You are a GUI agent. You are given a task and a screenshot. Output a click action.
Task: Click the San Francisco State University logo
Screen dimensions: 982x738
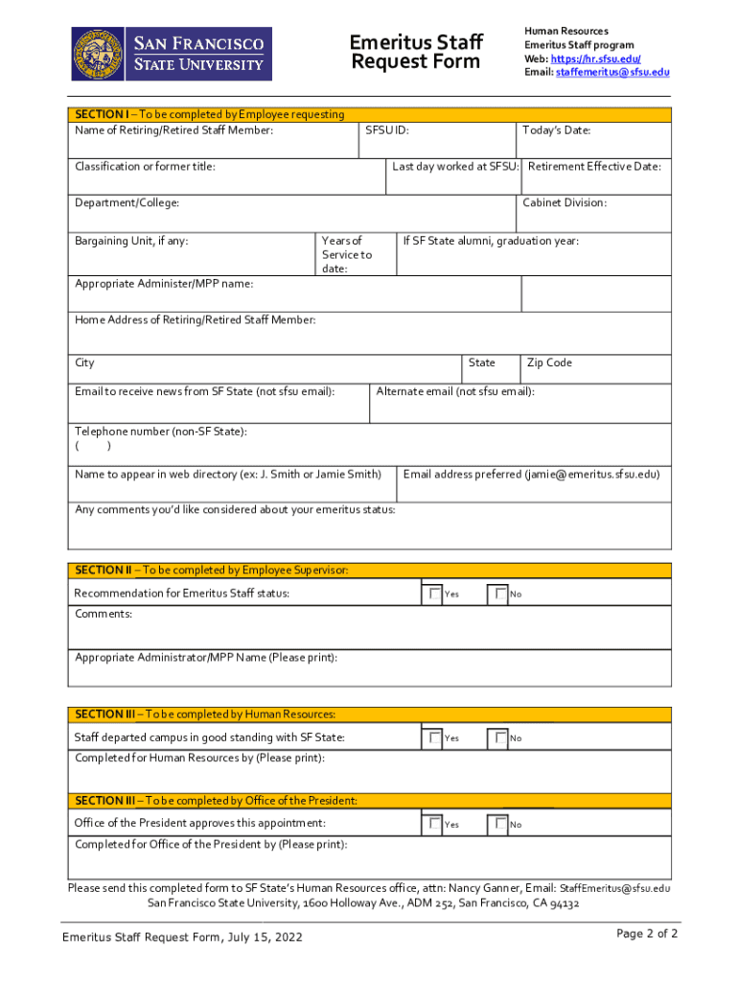[x=172, y=54]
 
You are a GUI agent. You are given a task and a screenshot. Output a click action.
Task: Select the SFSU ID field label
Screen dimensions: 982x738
[x=387, y=130]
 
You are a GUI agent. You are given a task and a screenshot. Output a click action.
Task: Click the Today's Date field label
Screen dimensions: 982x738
[x=556, y=130]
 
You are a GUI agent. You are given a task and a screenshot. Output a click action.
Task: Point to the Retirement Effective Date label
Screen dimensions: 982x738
[x=594, y=167]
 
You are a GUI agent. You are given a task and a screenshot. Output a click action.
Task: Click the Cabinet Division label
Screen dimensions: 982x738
[x=565, y=202]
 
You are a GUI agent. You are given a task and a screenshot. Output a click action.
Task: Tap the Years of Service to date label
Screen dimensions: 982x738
[x=346, y=255]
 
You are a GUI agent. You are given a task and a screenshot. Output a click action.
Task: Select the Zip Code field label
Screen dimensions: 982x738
[x=549, y=362]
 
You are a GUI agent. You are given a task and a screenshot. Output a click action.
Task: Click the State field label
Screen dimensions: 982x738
[x=481, y=362]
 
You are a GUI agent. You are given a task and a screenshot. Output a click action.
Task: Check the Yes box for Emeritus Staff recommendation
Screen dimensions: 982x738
[x=436, y=594]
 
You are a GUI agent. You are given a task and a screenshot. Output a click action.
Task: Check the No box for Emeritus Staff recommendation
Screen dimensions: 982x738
[x=500, y=594]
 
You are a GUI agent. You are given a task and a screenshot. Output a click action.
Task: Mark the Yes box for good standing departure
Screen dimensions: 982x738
[x=436, y=737]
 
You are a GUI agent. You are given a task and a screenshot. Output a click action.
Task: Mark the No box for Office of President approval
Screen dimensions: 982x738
[x=500, y=824]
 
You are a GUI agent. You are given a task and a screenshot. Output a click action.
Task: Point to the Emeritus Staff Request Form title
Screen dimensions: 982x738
[x=415, y=53]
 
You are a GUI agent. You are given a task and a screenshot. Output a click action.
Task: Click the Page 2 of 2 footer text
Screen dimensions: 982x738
[x=647, y=934]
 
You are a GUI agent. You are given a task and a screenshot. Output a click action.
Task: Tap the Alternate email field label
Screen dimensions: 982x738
[x=455, y=391]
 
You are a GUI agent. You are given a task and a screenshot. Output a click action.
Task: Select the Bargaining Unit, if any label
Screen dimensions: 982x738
[x=131, y=241]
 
